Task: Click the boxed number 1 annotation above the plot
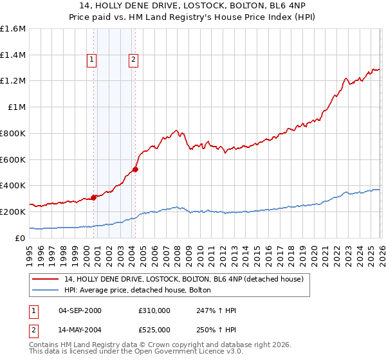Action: (x=92, y=60)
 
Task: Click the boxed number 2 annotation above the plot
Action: (x=133, y=60)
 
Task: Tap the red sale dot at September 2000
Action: (x=94, y=197)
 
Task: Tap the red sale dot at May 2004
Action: (x=135, y=170)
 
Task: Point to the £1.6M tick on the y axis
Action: (x=13, y=29)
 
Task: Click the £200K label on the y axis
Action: (x=13, y=212)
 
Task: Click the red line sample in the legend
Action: (x=45, y=279)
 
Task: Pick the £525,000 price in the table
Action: (x=154, y=330)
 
